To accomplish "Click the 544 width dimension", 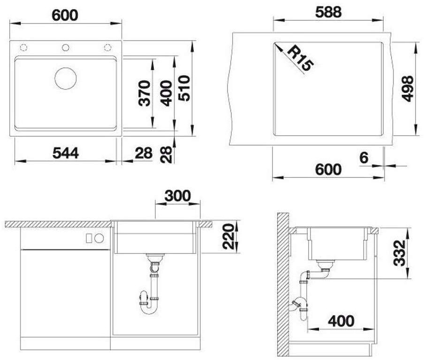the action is [x=66, y=153].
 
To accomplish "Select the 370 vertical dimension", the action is [x=144, y=93].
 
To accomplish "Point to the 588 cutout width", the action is [x=328, y=12].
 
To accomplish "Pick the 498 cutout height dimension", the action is [x=407, y=89].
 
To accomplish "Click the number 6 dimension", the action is [x=364, y=158].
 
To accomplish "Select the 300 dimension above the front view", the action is [x=177, y=196].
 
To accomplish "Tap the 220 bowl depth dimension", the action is [x=228, y=236].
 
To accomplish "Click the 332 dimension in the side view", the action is [x=400, y=253].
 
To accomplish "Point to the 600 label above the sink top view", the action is [x=65, y=15].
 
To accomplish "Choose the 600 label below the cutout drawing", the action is [x=328, y=169].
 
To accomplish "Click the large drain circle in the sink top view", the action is [x=66, y=78].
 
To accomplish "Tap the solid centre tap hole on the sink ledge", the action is [x=66, y=47].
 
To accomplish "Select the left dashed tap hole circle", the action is [x=23, y=47].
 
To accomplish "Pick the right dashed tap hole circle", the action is [x=107, y=47].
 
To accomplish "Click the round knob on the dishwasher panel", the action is [x=99, y=238].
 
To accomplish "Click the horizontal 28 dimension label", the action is [x=144, y=153].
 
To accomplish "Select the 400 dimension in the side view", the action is [x=341, y=321].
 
